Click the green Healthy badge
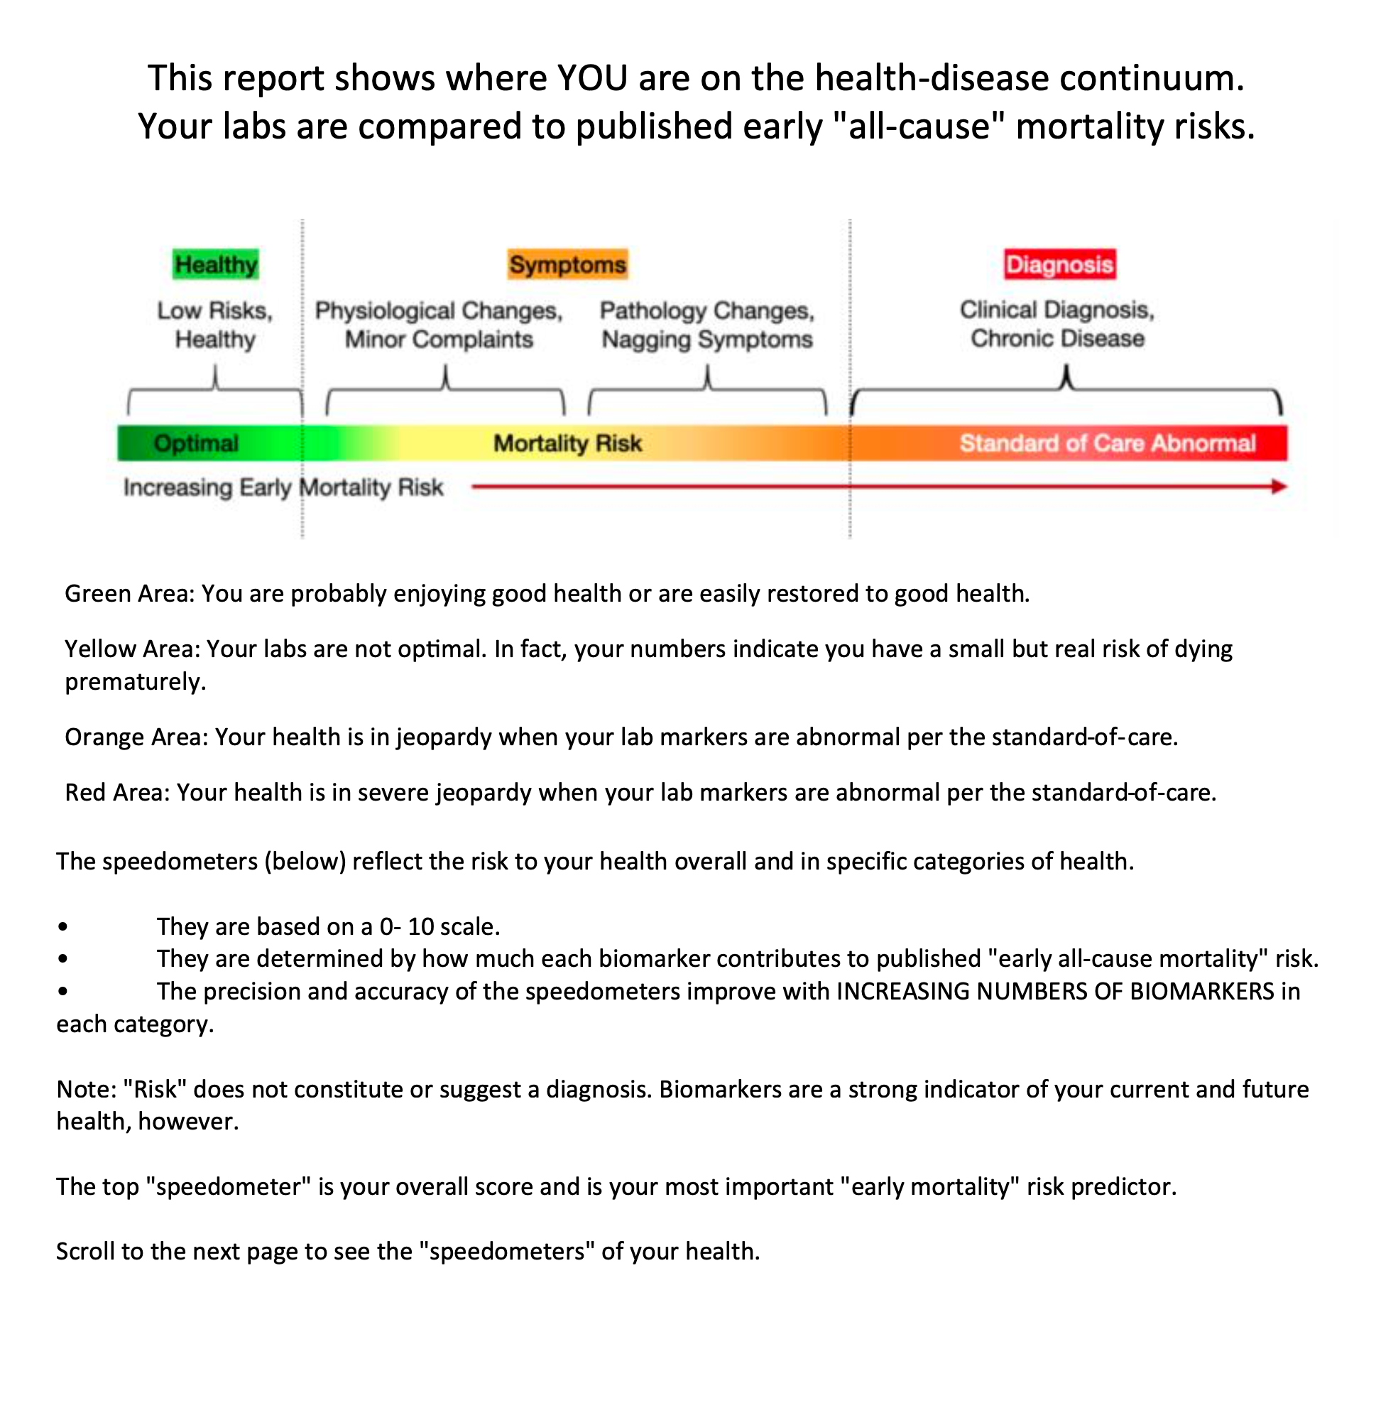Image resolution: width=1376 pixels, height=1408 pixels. [215, 264]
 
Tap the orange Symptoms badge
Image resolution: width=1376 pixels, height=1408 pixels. [567, 264]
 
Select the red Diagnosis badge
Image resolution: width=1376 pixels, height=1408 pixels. [1059, 264]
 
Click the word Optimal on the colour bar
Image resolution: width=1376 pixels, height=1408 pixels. [196, 443]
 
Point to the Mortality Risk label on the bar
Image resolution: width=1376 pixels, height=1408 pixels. [567, 443]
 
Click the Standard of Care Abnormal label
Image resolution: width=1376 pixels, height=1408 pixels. [1107, 443]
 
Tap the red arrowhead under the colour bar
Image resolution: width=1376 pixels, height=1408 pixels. [1279, 487]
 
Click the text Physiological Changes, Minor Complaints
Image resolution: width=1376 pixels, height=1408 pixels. [439, 325]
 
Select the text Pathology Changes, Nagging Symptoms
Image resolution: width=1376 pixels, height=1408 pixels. [706, 325]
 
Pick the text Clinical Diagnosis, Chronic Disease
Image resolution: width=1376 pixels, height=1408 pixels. [1057, 324]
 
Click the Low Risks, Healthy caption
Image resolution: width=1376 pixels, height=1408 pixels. [214, 325]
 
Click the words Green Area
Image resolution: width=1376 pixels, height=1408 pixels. [129, 594]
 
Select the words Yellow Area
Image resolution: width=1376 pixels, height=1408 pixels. [131, 649]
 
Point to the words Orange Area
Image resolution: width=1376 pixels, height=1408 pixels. [136, 737]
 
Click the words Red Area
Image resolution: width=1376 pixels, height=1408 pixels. [116, 793]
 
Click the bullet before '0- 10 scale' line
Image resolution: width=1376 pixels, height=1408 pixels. [64, 927]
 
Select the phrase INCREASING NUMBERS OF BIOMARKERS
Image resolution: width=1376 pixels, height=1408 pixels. [1054, 991]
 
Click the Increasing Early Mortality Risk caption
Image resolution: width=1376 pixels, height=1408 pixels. [283, 487]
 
